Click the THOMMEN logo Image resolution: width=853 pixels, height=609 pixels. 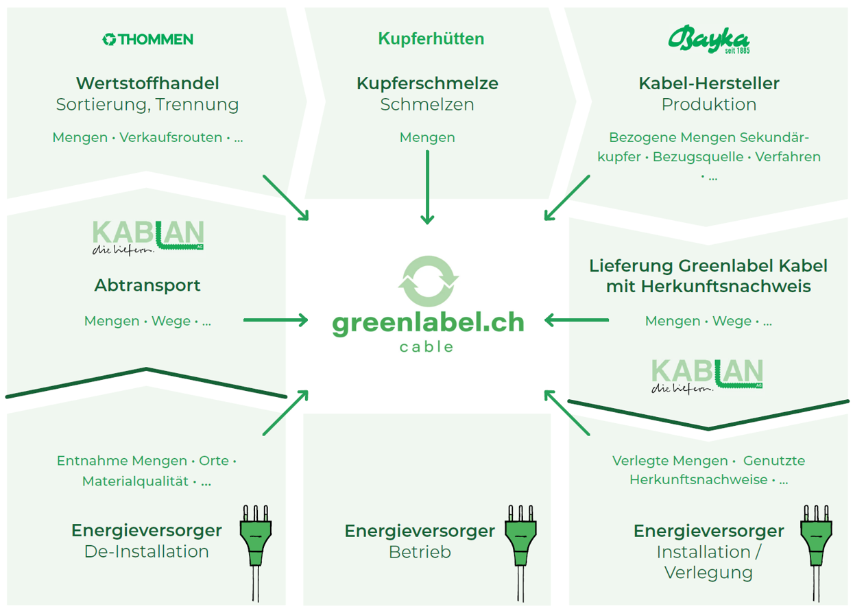(147, 40)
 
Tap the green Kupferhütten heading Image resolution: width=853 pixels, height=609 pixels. (431, 39)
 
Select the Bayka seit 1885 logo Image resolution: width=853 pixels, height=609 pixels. (708, 39)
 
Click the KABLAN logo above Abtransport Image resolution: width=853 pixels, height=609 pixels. (147, 237)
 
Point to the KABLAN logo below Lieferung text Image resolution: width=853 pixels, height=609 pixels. (707, 375)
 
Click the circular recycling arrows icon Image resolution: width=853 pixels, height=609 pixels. (428, 280)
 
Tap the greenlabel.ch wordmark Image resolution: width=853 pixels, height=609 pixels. (428, 322)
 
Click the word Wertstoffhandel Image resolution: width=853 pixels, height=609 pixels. (147, 84)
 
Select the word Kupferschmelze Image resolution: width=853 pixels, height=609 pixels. (427, 84)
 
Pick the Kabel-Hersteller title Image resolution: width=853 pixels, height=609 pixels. (709, 84)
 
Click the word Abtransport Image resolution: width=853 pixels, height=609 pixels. (147, 285)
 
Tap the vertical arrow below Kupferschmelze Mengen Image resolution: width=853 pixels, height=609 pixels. (427, 187)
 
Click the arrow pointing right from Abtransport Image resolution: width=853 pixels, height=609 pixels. (276, 320)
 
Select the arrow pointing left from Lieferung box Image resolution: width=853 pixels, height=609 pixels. (577, 320)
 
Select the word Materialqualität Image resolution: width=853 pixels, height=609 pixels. (135, 481)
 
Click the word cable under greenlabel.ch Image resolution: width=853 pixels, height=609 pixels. (427, 347)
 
